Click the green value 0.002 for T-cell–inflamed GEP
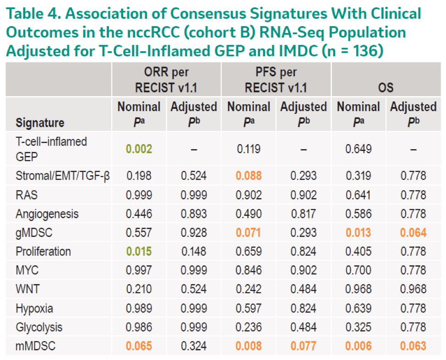coord(139,149)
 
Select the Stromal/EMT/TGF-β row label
coord(63,176)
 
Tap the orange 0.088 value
coord(249,176)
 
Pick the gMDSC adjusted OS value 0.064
coord(413,233)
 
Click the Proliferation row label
coord(43,252)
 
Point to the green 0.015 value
coord(139,252)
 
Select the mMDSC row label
coord(36,346)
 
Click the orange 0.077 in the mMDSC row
coord(304,346)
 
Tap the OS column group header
coord(386,87)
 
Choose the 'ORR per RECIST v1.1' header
coord(166,80)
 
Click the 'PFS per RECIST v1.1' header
coord(276,80)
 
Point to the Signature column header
coord(40,123)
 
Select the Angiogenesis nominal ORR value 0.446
coord(139,214)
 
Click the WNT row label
coord(27,289)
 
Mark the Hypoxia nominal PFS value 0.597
coord(249,308)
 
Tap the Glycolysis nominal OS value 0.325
coord(359,327)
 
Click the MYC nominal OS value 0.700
coord(359,270)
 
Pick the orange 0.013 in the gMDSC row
coord(359,233)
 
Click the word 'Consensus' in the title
coord(208,13)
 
